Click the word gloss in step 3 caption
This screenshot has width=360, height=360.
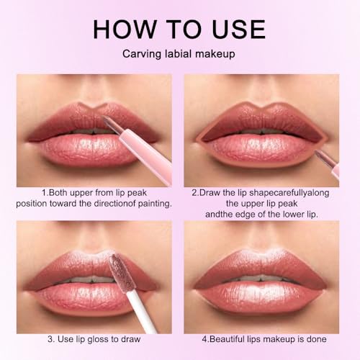tap(104, 338)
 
